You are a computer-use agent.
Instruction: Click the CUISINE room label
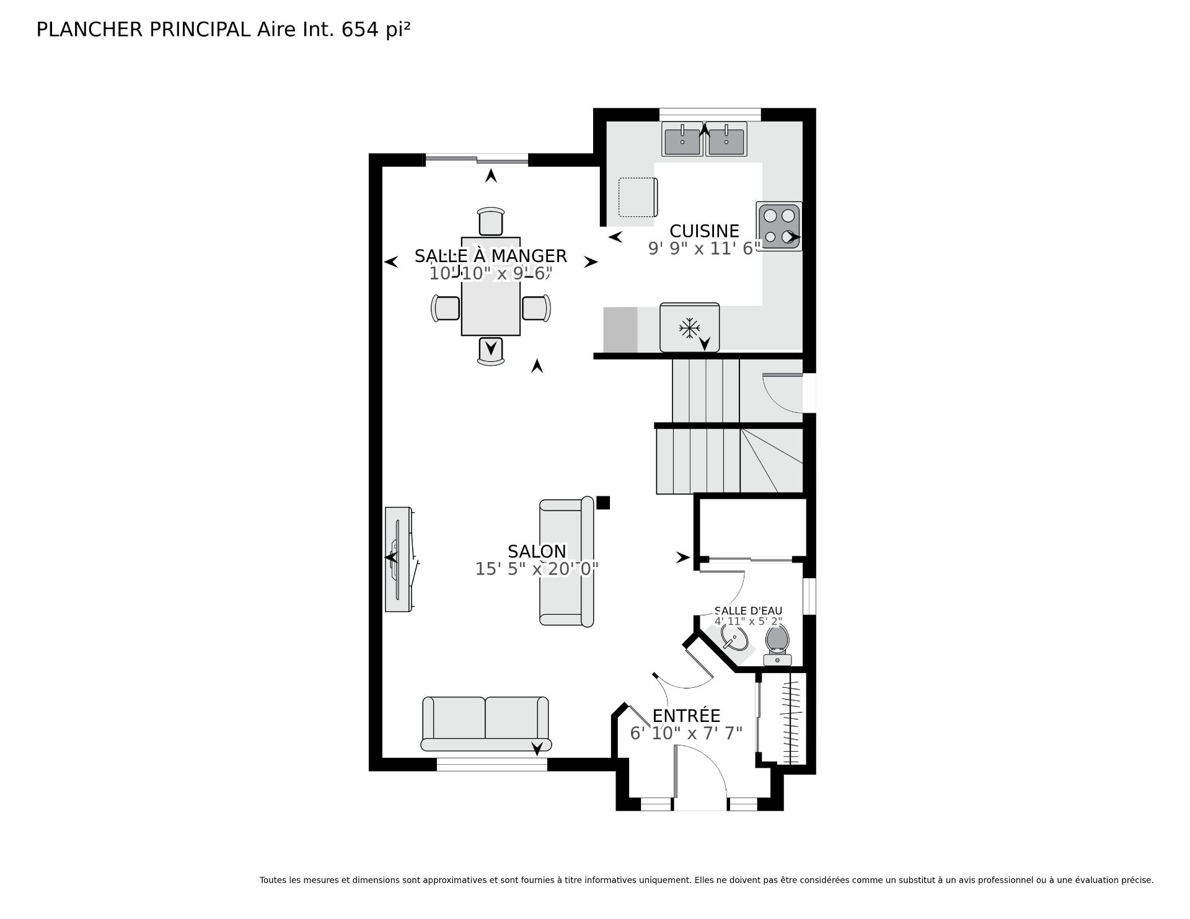704,231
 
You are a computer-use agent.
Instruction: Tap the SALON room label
537,552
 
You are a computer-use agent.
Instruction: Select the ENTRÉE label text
686,716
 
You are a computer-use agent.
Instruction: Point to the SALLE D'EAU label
748,611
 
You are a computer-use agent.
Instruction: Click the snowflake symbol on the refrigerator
689,328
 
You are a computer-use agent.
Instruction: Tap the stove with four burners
779,226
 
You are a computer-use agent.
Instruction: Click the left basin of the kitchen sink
682,139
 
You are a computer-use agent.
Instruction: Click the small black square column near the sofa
603,503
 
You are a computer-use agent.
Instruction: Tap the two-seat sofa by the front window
486,724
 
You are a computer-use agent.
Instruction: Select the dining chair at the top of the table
491,221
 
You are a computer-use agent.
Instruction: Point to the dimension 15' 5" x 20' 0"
537,569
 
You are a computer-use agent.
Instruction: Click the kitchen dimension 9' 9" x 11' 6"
705,248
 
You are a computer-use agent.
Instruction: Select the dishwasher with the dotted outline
638,197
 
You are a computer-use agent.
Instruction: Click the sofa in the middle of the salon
566,561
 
